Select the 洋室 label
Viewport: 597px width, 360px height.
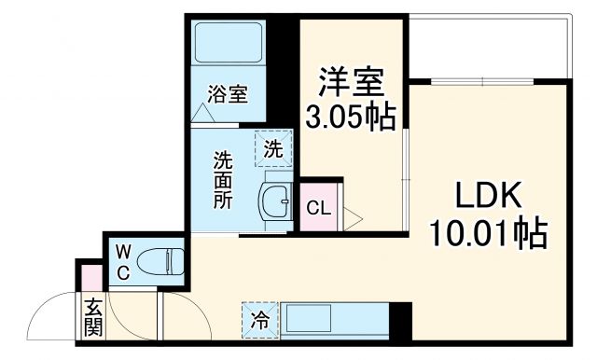351,83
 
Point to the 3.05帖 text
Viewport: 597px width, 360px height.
351,117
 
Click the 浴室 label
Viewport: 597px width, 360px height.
228,94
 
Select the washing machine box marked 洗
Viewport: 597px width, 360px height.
273,147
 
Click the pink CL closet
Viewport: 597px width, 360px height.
319,207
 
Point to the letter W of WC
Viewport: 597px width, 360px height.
122,250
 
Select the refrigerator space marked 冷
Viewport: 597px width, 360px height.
259,320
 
